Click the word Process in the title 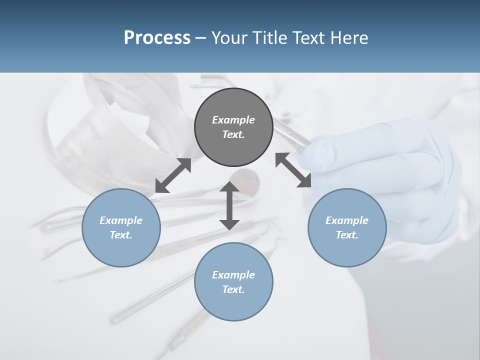point(157,38)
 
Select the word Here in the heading point(348,38)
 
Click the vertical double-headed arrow point(229,205)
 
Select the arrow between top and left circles point(173,175)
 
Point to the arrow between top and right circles point(293,170)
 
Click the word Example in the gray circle point(233,120)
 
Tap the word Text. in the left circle point(121,235)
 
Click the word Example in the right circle point(347,220)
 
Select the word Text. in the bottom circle point(233,289)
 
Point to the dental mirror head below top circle point(245,177)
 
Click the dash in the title point(201,38)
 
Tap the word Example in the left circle point(121,220)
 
